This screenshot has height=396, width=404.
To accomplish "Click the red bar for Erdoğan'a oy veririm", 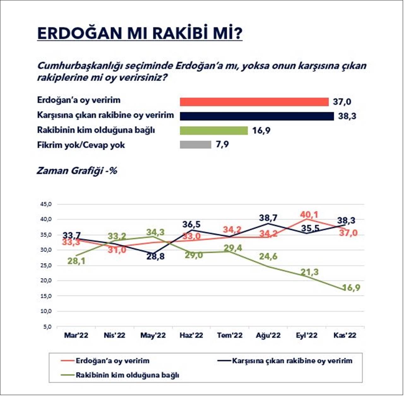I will tap(254, 102).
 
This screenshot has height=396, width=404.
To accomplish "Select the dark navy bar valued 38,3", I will tap(257, 116).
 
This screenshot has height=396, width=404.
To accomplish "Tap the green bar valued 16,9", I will tap(214, 131).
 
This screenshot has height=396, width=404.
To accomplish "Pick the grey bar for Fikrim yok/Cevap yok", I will tap(195, 145).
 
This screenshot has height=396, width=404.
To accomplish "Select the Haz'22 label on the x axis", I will tap(191, 335).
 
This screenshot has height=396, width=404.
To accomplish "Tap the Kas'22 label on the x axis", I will tap(345, 335).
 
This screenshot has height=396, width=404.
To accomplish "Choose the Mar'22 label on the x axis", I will tap(76, 335).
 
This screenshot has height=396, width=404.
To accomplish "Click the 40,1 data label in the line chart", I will tap(309, 215).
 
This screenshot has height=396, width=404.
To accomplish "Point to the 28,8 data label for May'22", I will tap(155, 257).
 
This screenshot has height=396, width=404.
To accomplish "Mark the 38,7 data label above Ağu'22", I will tap(268, 218).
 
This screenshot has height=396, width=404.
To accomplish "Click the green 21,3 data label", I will tap(310, 272).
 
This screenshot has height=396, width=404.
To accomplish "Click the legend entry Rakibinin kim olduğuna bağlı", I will tap(127, 375).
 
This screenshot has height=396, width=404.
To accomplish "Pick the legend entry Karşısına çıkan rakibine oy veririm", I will tap(292, 361).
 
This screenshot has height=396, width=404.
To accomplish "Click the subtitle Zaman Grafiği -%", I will tap(77, 171).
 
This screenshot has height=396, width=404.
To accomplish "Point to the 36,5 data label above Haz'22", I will tap(191, 225).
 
